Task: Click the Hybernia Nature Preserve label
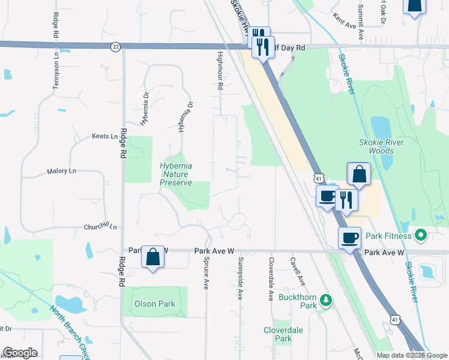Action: [x=176, y=174]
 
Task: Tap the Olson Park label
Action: [x=155, y=304]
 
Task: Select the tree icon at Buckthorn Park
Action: [x=325, y=299]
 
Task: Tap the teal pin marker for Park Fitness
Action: [x=421, y=235]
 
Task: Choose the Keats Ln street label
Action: [x=104, y=136]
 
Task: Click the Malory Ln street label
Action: [x=62, y=172]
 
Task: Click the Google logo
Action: [x=20, y=353]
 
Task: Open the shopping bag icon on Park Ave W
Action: [x=153, y=257]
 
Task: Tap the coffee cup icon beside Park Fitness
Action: [x=350, y=238]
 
